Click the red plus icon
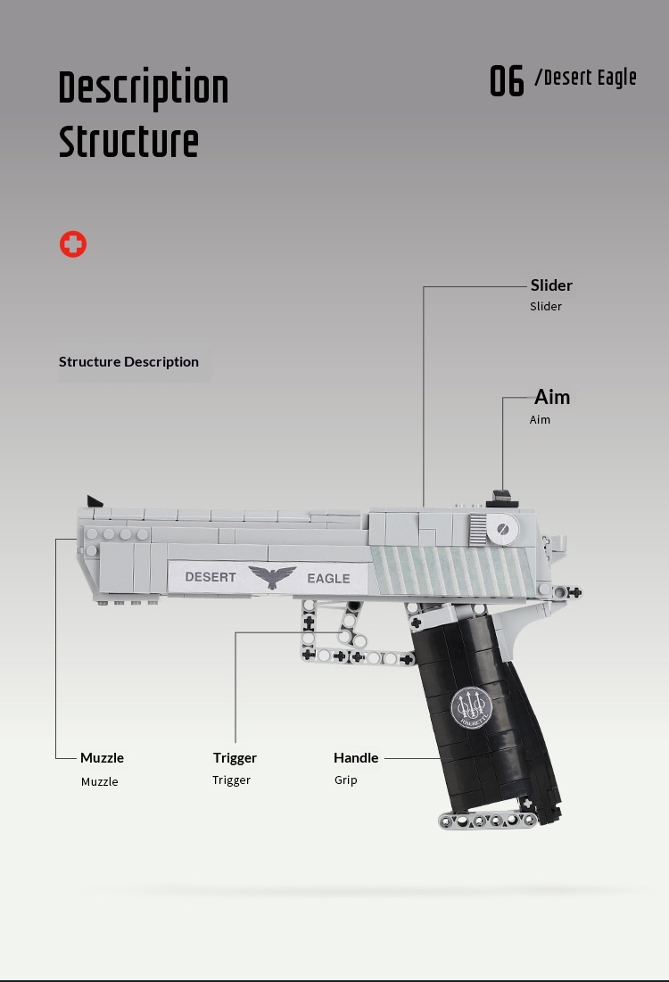(73, 244)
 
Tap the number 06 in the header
(507, 81)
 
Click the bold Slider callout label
(551, 285)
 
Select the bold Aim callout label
(552, 397)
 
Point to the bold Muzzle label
(102, 758)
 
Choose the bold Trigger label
(235, 758)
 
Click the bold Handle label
(356, 758)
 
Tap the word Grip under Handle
(346, 780)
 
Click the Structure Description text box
(135, 363)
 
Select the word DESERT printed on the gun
(211, 577)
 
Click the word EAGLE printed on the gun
(328, 579)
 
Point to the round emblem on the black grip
(472, 707)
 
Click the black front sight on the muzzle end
(95, 501)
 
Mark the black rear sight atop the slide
(502, 499)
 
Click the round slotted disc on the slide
(502, 529)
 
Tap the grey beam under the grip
(488, 820)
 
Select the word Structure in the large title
(128, 142)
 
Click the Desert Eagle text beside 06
(586, 78)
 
